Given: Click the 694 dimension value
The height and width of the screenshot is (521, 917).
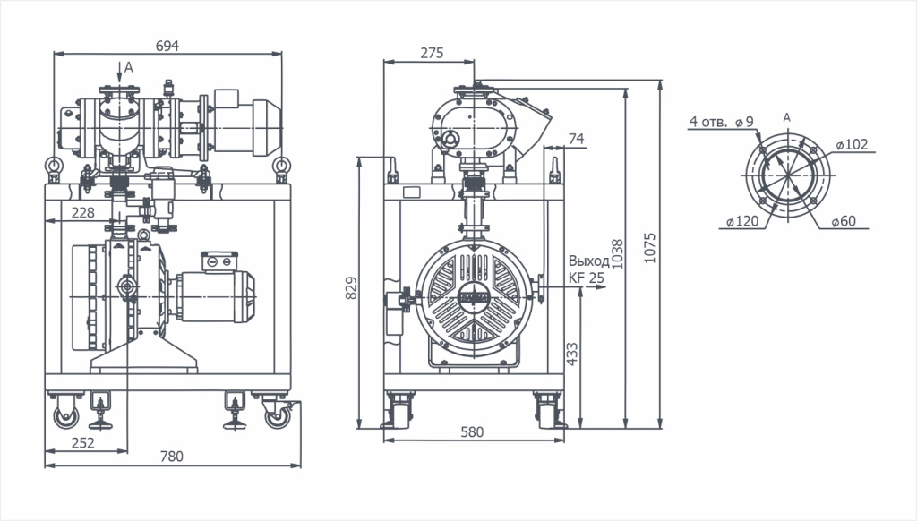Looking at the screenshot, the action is pos(167,46).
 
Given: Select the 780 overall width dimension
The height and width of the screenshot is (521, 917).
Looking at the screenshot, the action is pos(171,456).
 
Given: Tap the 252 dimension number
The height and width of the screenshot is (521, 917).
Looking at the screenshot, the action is pos(83,442).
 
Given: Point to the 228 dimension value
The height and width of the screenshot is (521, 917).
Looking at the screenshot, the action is pos(83,212).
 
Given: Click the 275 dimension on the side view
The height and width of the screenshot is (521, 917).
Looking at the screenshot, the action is pos(433,53).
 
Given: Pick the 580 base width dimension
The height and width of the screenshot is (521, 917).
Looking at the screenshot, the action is pos(472,431).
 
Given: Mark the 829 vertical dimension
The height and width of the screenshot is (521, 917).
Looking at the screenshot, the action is pos(351,288).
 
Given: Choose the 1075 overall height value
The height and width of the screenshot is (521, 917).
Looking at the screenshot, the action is pos(650,248).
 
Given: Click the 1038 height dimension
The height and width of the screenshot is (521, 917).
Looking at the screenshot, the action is pos(618,253).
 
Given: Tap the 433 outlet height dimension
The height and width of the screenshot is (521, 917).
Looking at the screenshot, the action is pos(572,354).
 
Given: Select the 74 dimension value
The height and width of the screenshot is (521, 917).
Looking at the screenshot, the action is pos(576,139).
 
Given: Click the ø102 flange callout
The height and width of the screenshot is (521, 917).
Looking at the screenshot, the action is pos(853,144).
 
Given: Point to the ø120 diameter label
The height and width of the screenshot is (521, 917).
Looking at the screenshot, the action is pos(742,221).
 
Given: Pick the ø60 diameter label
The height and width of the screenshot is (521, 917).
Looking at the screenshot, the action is pos(844,220).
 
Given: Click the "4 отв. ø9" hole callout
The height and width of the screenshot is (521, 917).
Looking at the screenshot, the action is pos(722,122).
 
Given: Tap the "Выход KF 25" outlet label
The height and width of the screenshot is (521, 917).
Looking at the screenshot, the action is pos(587,269).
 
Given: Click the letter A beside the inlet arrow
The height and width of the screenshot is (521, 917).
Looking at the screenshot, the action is pos(129,68).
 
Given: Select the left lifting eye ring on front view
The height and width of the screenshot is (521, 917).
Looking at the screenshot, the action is pos(54,166).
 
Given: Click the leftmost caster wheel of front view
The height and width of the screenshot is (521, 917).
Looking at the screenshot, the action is pos(65,416).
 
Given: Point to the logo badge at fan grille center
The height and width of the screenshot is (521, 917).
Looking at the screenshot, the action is pos(474,295).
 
